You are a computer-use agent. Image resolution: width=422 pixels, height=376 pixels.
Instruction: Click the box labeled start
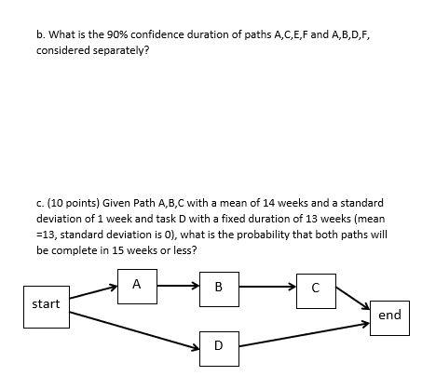coord(46,304)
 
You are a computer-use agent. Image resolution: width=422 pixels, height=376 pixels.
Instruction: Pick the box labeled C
coord(316,288)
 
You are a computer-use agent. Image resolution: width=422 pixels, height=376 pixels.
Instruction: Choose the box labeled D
coord(218,345)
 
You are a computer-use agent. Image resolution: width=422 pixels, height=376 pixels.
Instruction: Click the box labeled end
coord(389,316)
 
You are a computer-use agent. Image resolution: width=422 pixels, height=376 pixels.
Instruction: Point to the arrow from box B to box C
coord(266,287)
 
